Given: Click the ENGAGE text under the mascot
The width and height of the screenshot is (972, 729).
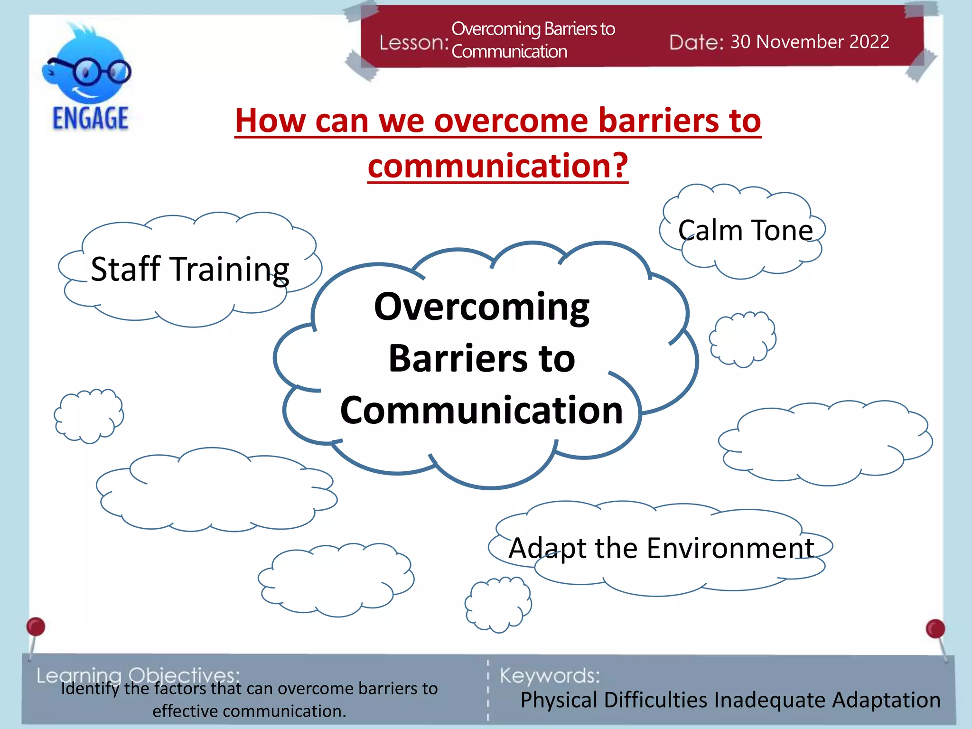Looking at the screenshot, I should click(90, 118).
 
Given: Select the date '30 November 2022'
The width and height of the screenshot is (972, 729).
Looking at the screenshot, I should click(810, 42).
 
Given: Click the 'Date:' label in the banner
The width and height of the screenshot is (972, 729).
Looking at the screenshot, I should click(696, 43).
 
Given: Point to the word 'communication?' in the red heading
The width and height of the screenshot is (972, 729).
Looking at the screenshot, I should click(498, 166).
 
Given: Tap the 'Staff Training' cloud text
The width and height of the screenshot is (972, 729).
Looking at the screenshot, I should click(190, 269).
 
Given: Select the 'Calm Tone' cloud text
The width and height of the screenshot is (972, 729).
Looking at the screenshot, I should click(745, 231).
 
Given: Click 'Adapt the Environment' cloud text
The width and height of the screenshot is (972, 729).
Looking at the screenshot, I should click(661, 548).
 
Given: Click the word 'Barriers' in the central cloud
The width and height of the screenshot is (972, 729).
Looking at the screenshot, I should click(458, 358).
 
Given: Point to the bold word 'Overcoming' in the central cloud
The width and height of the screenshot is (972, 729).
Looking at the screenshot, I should click(481, 307).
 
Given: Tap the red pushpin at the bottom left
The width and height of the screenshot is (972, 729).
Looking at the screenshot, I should click(36, 627).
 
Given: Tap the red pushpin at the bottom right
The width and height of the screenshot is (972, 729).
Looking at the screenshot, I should click(935, 629).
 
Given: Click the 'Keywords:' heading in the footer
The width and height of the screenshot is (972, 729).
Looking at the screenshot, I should click(550, 675).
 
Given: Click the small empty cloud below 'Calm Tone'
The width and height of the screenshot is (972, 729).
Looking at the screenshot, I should click(742, 339).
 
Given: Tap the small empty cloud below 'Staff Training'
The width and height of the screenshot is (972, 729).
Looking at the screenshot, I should click(89, 416).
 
